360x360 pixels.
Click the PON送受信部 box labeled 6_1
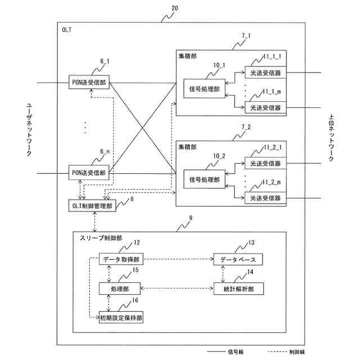coord(89,82)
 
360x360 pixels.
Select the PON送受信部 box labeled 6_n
coord(89,173)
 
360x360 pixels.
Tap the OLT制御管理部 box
coord(92,206)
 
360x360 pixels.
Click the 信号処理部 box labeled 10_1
coord(204,89)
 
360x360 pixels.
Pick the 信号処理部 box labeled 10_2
coord(204,179)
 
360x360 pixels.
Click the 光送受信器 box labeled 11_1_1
coord(265,73)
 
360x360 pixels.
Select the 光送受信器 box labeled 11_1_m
coord(265,107)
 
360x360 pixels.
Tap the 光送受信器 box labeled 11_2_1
coord(265,163)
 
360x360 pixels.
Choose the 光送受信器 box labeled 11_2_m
coord(265,198)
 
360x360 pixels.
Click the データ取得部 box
coord(121,259)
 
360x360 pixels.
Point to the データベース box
coord(238,259)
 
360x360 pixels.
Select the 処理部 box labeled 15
coord(120,289)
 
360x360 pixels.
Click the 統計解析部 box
coord(238,289)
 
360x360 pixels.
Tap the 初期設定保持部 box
coord(121,317)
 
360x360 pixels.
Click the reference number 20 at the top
coord(175,8)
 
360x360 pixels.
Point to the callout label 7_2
coord(246,127)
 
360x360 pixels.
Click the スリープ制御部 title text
coord(101,238)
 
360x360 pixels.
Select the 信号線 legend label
coord(236,352)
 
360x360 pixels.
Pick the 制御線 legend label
coord(297,352)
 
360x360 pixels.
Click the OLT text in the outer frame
coord(66,30)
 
